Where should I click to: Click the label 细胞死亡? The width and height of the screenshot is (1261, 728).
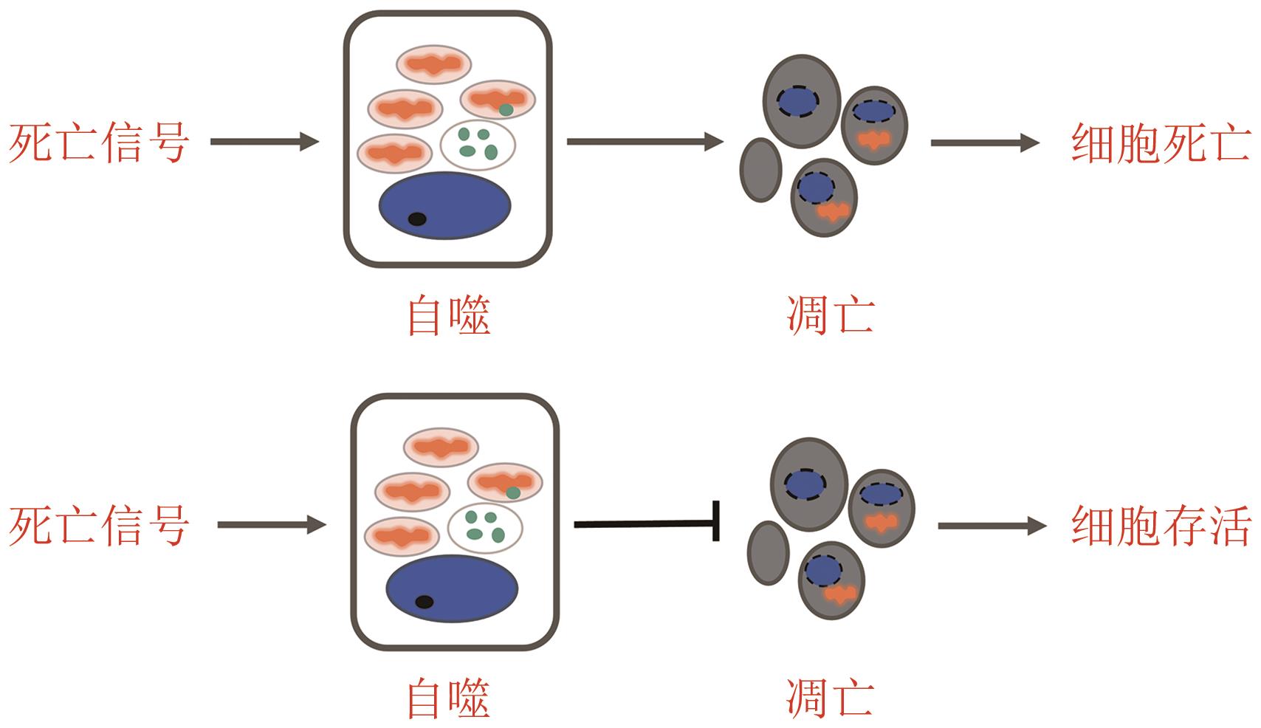click(1161, 142)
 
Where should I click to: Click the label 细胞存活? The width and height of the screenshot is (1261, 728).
click(1161, 526)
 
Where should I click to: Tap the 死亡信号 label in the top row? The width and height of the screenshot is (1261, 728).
click(100, 142)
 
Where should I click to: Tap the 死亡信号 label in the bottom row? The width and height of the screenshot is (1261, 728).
click(100, 526)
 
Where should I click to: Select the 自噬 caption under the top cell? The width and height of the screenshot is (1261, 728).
click(449, 316)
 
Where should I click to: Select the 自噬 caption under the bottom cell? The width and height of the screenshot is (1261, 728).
click(449, 698)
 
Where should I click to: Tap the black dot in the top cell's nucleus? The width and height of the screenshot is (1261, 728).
click(417, 219)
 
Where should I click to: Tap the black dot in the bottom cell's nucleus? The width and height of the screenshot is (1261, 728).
click(424, 602)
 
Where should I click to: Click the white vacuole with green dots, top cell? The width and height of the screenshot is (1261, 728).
click(478, 145)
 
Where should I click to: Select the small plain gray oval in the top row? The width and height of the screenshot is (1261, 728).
click(760, 170)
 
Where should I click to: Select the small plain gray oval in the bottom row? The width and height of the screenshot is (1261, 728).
click(768, 553)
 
